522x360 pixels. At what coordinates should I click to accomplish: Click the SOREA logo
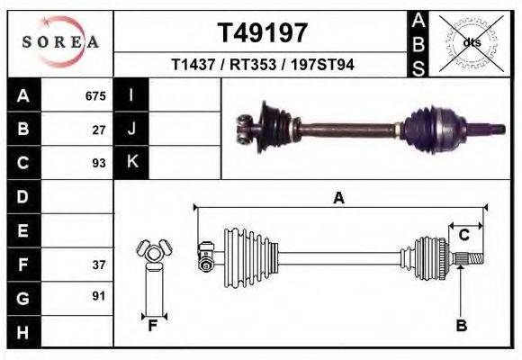tap(60, 42)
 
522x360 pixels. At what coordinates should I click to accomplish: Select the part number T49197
tap(263, 33)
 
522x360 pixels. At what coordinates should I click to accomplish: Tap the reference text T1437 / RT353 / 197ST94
tap(263, 65)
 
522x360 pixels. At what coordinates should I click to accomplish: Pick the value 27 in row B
tap(99, 130)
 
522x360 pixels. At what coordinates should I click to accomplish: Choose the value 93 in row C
tap(99, 163)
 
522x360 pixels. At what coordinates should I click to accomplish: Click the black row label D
tap(22, 196)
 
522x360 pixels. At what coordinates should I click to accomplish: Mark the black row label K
tap(131, 162)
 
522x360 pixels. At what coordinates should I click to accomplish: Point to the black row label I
tap(131, 95)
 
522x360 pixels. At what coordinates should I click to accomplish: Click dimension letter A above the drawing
tap(339, 199)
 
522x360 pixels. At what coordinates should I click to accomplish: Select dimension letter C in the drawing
tap(464, 236)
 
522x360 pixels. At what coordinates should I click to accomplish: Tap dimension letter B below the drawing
tap(461, 326)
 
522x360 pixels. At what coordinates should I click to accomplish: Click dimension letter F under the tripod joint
tap(153, 326)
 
